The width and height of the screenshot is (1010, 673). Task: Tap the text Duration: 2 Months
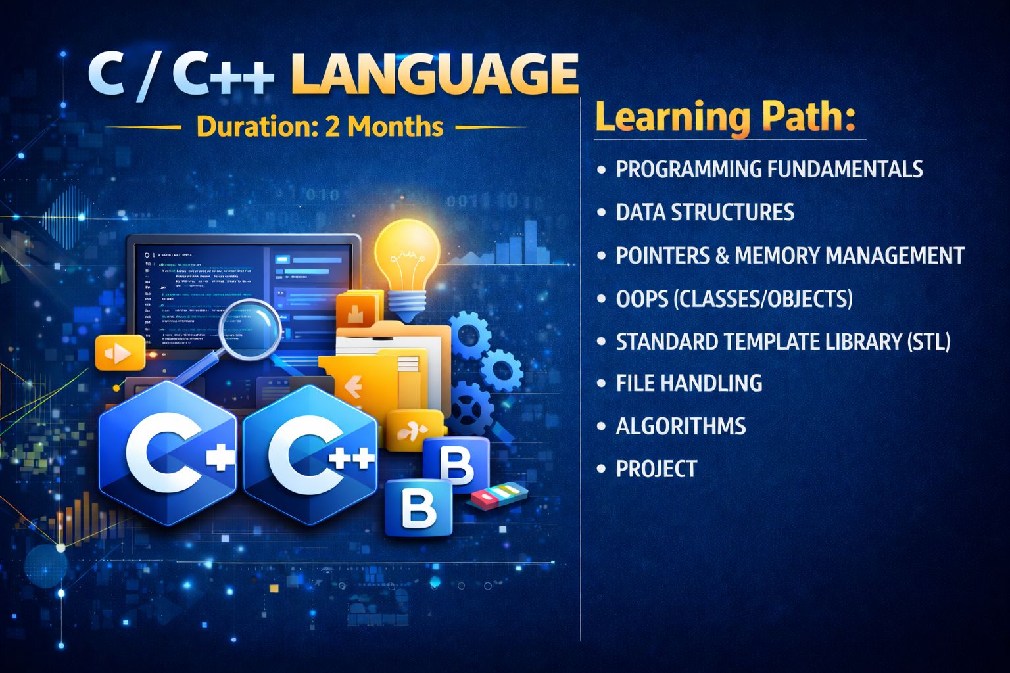click(320, 126)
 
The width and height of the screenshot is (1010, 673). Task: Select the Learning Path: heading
click(726, 116)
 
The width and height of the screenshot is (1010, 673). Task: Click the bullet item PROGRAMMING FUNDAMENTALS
click(769, 169)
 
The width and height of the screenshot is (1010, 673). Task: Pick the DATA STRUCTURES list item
click(705, 212)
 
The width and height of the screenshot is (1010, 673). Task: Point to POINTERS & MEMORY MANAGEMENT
click(790, 255)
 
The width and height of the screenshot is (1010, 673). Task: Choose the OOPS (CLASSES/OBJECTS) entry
click(734, 298)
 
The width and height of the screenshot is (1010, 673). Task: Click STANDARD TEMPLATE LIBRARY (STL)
click(782, 342)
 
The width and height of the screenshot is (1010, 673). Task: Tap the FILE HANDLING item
click(689, 383)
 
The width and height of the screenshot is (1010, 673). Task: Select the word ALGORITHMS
click(681, 426)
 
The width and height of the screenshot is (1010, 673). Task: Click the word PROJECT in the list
click(656, 469)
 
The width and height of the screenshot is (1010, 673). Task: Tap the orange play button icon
click(120, 354)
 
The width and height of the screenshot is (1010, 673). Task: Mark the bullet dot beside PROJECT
click(601, 469)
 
